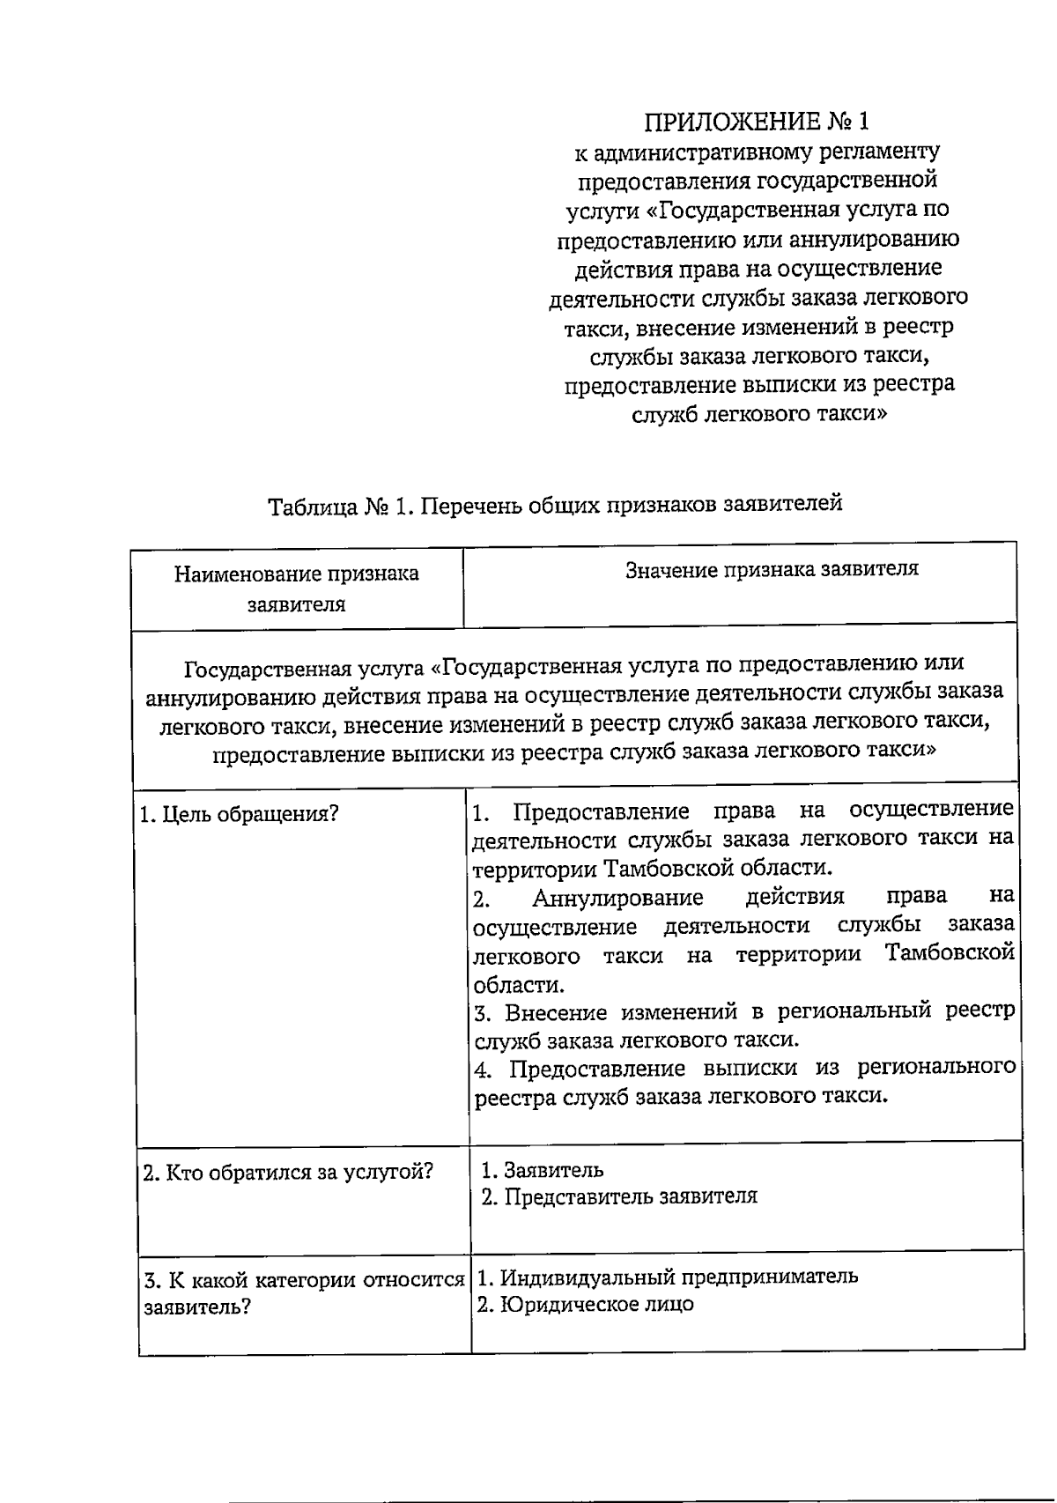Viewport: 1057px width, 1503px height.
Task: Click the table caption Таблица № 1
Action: point(555,506)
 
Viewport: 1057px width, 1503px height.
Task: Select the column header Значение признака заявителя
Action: point(772,569)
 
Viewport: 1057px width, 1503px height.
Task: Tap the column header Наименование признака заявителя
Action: point(296,589)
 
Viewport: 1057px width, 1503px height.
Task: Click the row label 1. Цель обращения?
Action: point(240,813)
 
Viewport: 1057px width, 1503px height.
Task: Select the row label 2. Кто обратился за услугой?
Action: point(288,1172)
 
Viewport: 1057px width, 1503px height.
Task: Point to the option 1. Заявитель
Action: point(543,1170)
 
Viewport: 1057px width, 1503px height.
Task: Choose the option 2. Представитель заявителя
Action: point(619,1197)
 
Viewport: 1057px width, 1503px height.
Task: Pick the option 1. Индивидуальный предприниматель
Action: point(668,1276)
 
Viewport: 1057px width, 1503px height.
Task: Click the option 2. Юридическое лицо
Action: point(586,1305)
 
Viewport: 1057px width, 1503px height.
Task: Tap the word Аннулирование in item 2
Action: point(617,898)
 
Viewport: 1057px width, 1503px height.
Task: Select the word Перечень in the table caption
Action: point(466,507)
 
